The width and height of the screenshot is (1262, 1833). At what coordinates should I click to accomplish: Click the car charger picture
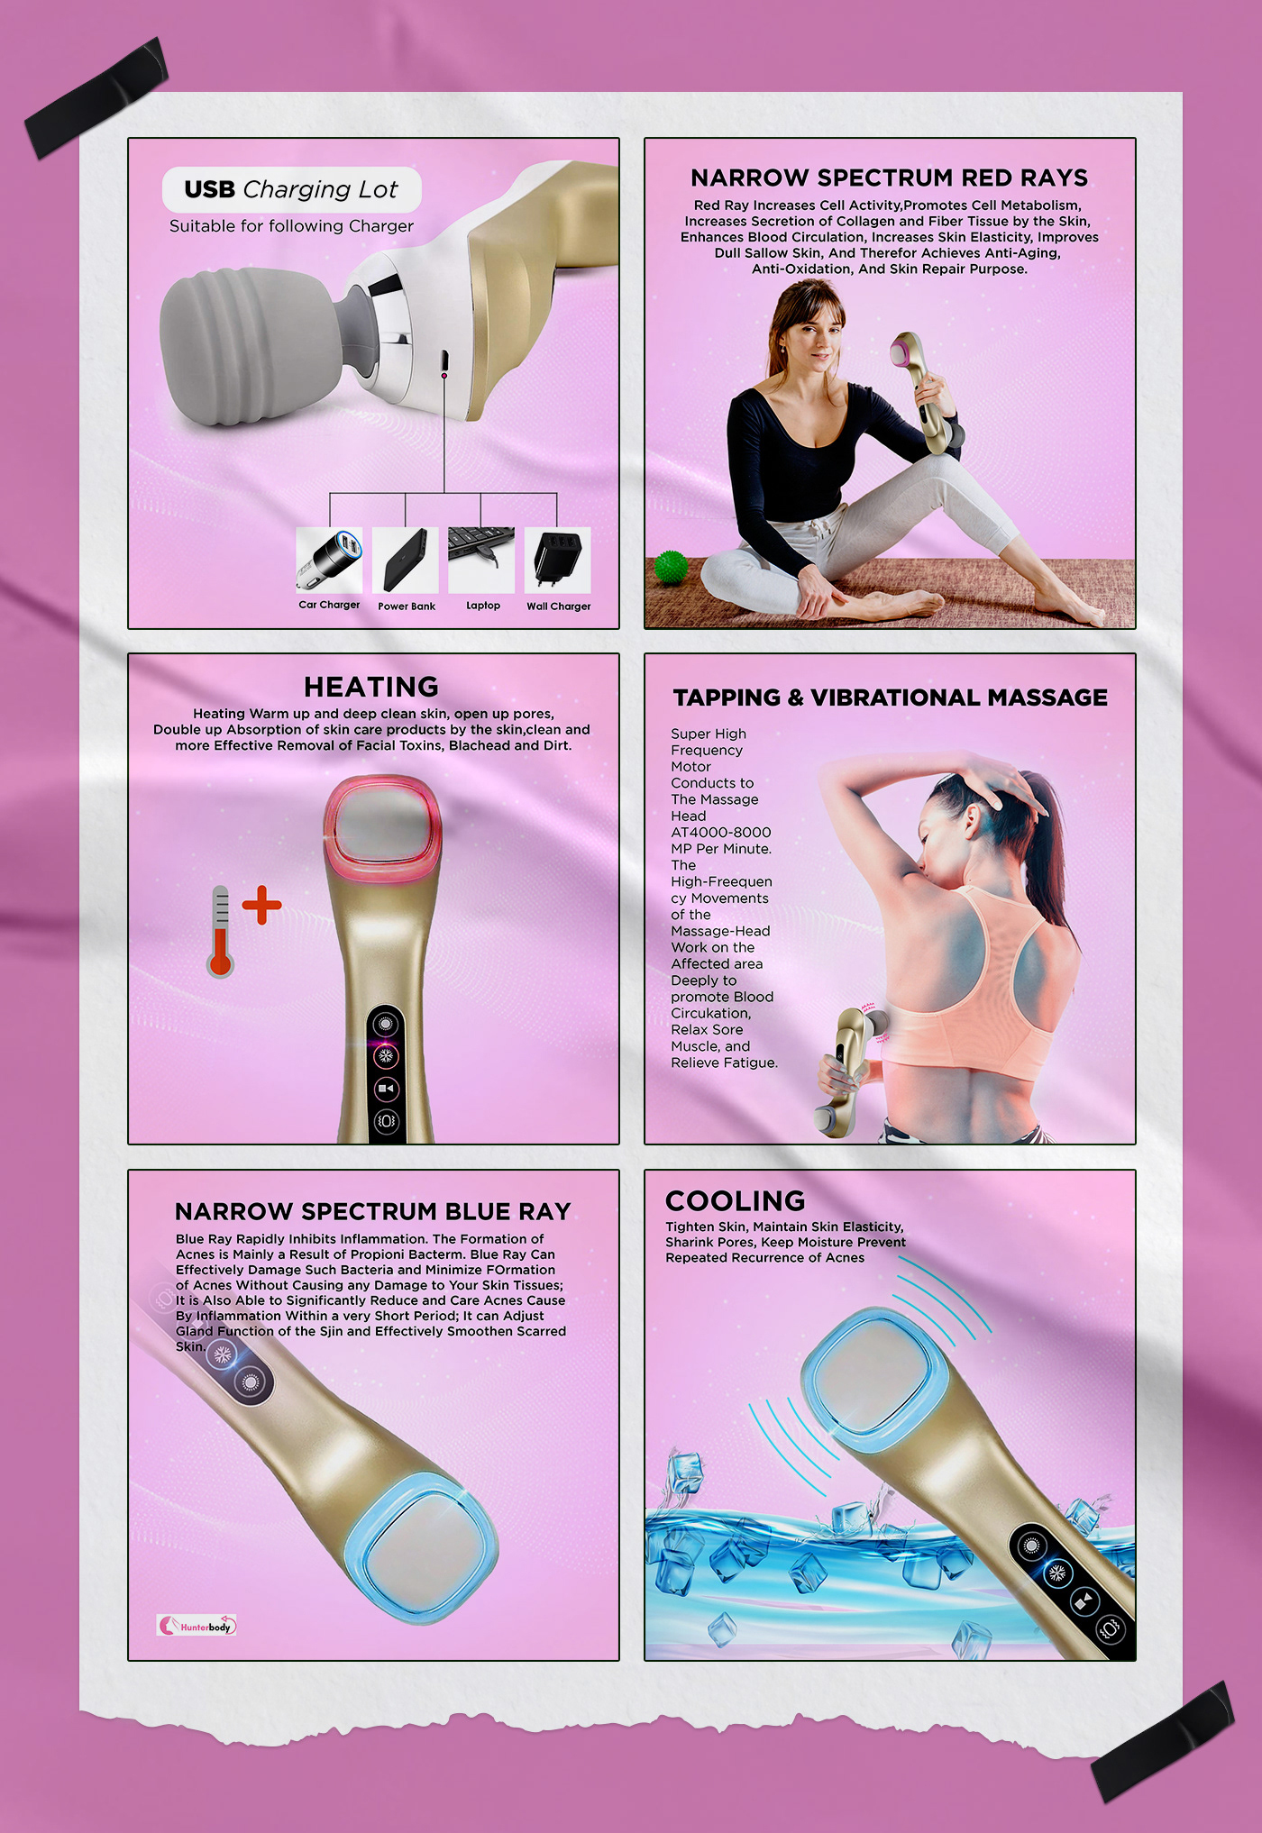pyautogui.click(x=329, y=560)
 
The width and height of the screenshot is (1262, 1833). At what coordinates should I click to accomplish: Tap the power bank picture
pyautogui.click(x=406, y=560)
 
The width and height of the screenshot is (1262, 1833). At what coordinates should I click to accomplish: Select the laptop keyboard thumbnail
pyautogui.click(x=481, y=560)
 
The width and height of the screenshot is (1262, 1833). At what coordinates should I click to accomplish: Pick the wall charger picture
pyautogui.click(x=558, y=560)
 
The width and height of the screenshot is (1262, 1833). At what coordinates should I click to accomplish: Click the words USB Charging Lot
pyautogui.click(x=291, y=189)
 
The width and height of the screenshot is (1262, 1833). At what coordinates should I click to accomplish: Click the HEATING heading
pyautogui.click(x=371, y=687)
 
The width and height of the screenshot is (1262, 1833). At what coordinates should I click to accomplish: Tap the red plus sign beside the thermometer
pyautogui.click(x=261, y=905)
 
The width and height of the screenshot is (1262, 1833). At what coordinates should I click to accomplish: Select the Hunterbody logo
pyautogui.click(x=197, y=1626)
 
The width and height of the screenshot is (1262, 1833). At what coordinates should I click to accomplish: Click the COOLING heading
pyautogui.click(x=736, y=1201)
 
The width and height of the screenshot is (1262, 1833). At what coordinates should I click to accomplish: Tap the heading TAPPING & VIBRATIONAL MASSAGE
pyautogui.click(x=891, y=698)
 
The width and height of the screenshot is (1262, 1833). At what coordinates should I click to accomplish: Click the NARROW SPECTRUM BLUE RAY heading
pyautogui.click(x=373, y=1211)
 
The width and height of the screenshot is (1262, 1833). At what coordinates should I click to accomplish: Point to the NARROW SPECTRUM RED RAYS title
pyautogui.click(x=890, y=178)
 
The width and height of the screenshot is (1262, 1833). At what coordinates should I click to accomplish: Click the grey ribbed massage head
pyautogui.click(x=261, y=347)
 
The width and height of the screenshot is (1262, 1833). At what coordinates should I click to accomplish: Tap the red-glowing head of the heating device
pyautogui.click(x=382, y=828)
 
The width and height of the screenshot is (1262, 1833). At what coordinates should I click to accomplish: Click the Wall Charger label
pyautogui.click(x=559, y=606)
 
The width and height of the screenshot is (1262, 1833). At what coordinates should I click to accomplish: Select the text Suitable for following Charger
pyautogui.click(x=292, y=226)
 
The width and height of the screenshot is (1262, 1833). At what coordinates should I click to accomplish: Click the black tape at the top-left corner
pyautogui.click(x=96, y=97)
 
